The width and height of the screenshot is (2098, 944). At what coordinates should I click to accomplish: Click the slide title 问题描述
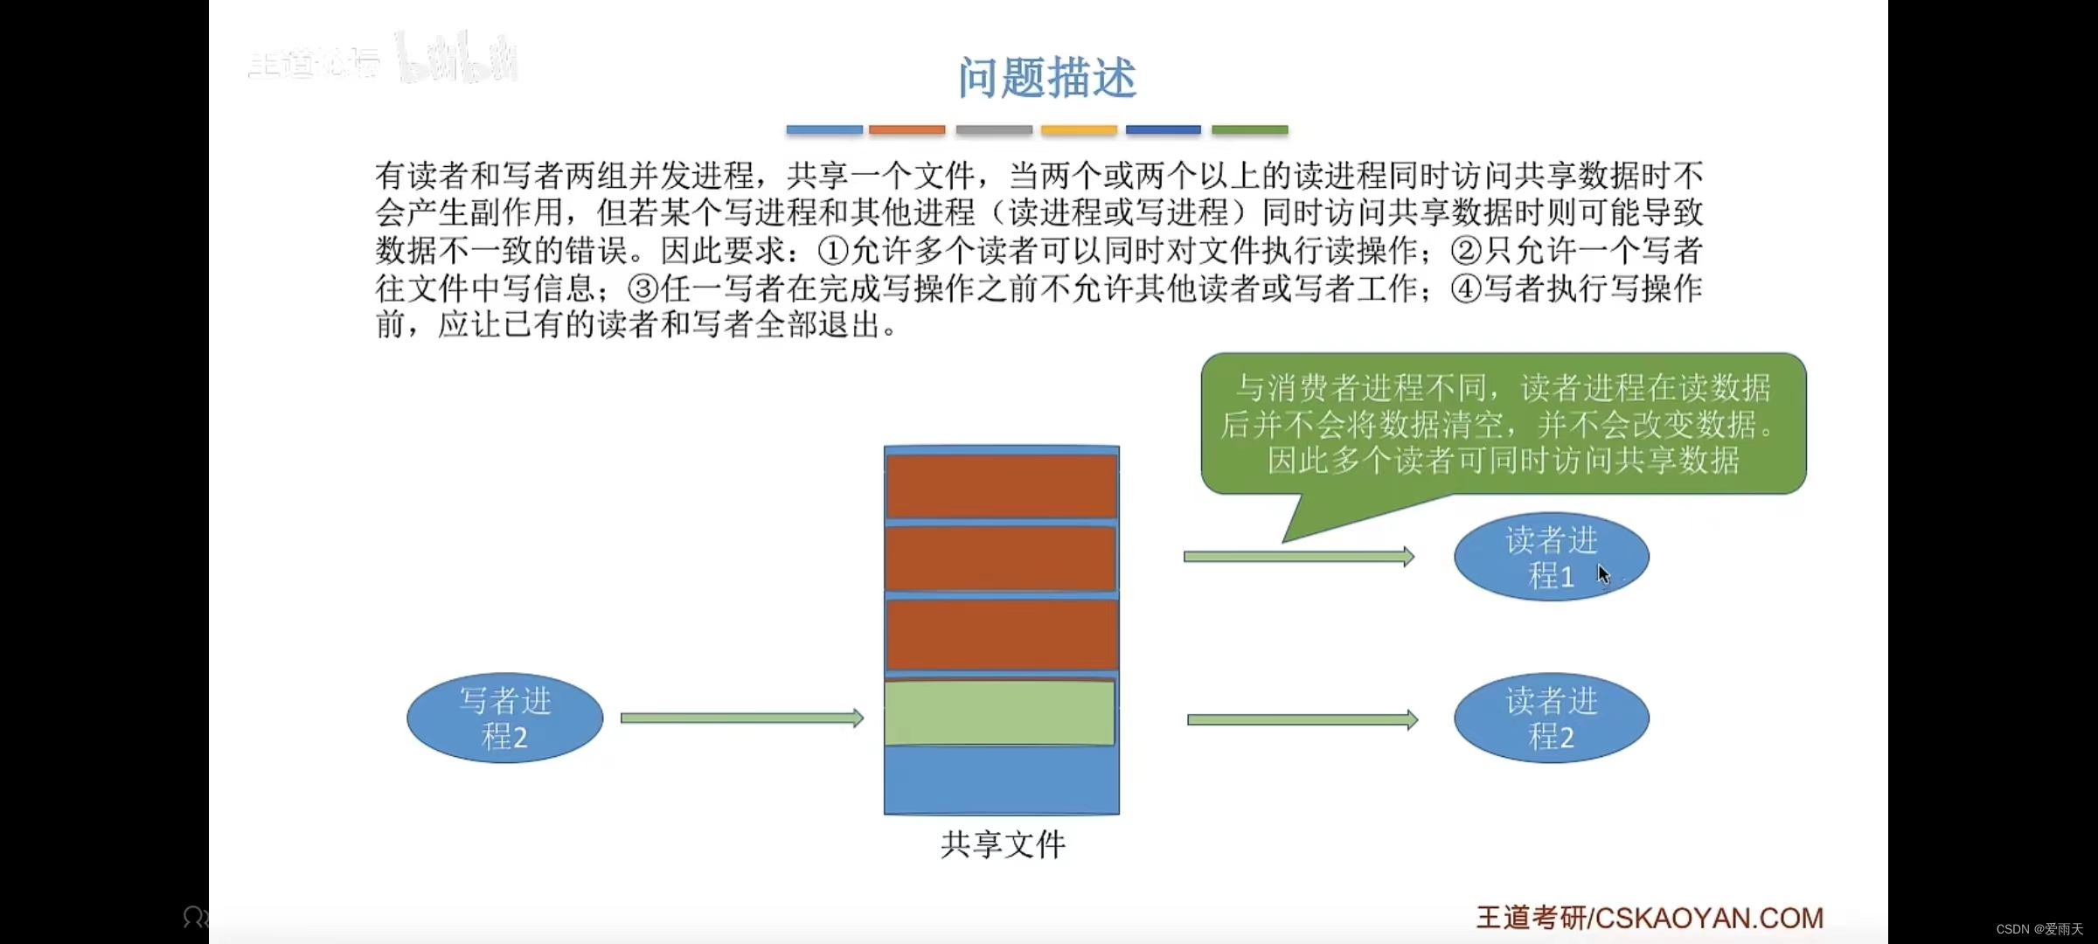pos(1046,78)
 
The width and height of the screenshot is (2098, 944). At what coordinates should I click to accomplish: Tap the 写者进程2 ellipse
pos(505,718)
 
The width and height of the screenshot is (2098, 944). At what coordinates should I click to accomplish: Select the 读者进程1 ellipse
pos(1551,557)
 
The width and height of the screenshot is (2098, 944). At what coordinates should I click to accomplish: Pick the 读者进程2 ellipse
pos(1551,718)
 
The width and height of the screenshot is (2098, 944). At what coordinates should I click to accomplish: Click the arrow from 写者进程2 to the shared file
pos(741,718)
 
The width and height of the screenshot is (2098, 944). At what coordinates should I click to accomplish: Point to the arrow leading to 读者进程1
pos(1298,557)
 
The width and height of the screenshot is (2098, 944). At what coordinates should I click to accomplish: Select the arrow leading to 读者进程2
pos(1302,720)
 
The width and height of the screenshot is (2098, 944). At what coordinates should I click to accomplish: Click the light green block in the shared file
pos(1000,713)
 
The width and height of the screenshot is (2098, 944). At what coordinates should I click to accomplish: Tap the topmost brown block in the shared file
pos(1002,486)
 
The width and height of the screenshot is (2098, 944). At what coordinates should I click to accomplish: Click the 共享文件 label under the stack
pos(1003,845)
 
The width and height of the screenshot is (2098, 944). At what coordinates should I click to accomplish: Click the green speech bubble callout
pos(1504,424)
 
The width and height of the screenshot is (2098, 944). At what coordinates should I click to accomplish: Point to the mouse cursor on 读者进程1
pos(1603,574)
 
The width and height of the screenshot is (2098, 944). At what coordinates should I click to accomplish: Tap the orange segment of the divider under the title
pos(907,130)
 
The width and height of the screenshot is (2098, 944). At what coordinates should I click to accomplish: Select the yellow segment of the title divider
pos(1079,130)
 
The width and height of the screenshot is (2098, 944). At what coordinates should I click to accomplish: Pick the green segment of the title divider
pos(1249,130)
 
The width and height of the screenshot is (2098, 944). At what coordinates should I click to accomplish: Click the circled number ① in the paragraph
pos(833,252)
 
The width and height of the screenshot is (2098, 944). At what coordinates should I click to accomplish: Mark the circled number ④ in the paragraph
pos(1466,288)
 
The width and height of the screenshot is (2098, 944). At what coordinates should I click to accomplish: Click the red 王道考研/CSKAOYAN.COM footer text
pos(1650,918)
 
